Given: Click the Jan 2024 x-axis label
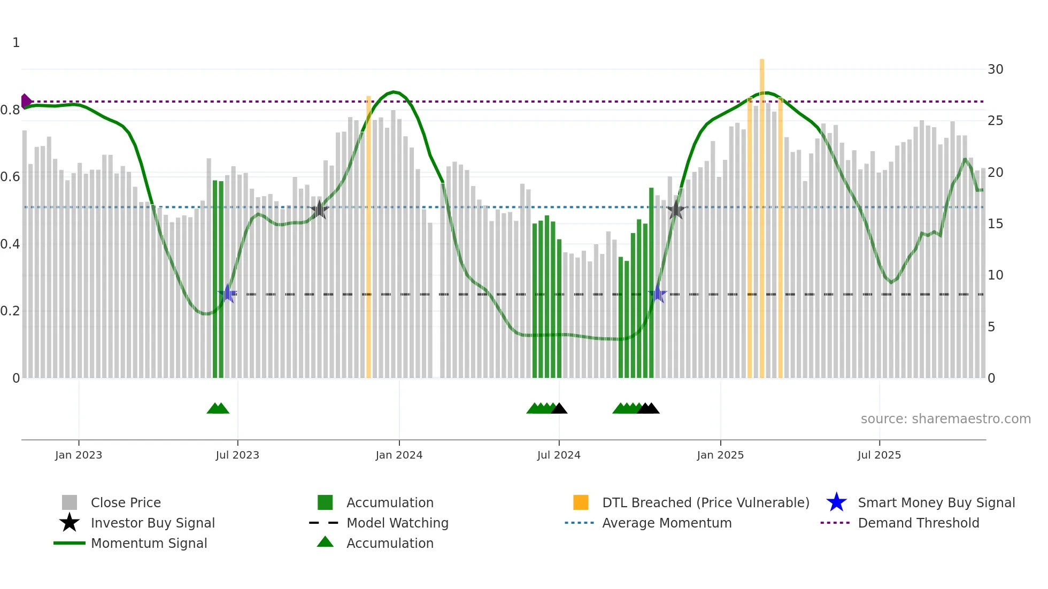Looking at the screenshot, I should coord(399,455).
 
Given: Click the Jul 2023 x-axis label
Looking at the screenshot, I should coord(237,455).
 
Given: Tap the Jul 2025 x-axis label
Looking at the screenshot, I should coord(879,455).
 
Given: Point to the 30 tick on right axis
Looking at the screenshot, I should coord(995,69).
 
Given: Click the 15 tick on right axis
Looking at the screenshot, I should coord(995,224).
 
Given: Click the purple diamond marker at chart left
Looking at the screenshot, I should coord(26,101).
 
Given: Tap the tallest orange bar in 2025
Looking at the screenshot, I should coord(762,214).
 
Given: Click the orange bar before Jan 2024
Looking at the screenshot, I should coord(368,235).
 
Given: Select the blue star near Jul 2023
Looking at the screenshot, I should coord(227,294).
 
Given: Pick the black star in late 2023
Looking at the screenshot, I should coord(319,210).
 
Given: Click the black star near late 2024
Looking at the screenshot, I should coord(676,210).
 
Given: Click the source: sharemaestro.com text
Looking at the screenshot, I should coord(945,419).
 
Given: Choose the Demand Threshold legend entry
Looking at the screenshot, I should coord(918,523).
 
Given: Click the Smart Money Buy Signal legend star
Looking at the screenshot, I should coord(836,502).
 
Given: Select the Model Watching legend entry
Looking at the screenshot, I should coord(397,523).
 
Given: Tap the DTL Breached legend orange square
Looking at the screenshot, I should coord(581,502).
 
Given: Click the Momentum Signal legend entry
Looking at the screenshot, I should coord(149,543).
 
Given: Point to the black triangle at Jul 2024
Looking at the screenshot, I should coord(559,409).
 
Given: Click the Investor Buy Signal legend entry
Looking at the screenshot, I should coord(152,523).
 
